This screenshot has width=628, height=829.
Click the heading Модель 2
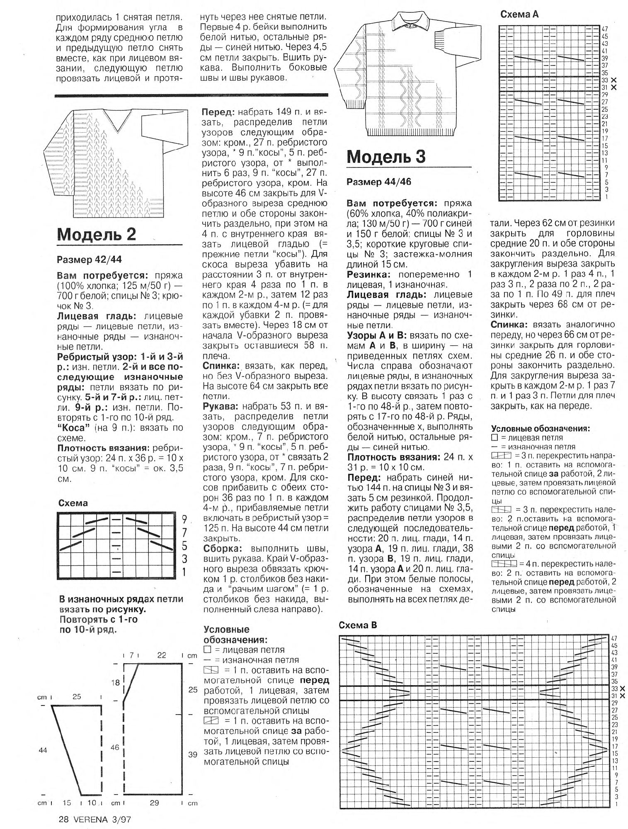pos(97,235)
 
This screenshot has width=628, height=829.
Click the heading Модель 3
pos(386,157)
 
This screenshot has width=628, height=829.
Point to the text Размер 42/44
pos(89,260)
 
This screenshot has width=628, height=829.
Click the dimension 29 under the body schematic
pos(154,803)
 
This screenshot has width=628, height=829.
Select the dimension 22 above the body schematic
pos(161,655)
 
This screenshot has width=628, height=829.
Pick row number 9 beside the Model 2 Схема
pos(184,519)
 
